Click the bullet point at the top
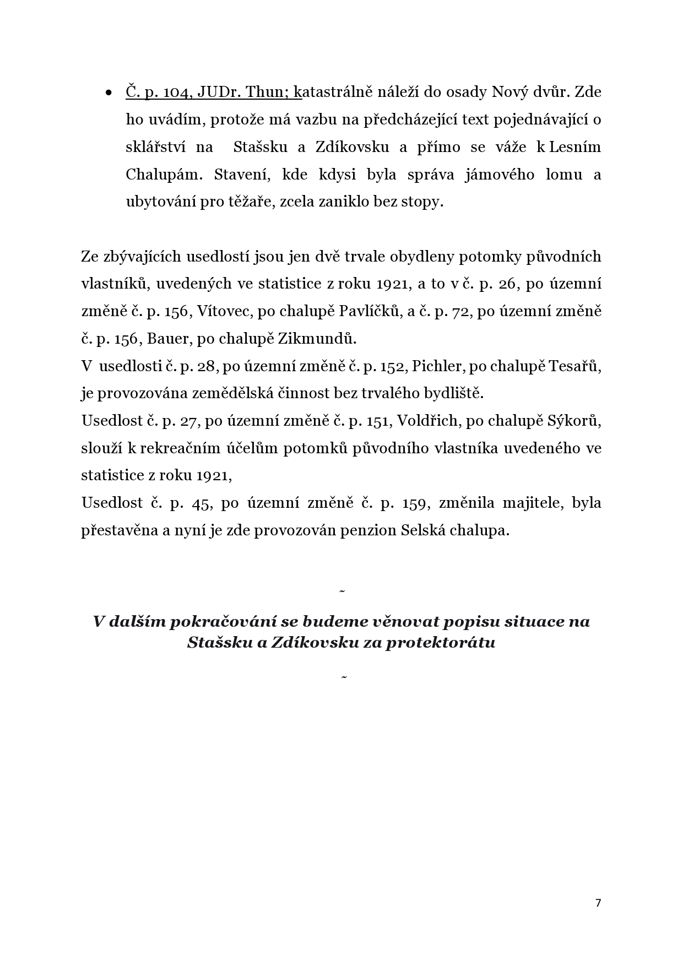tap(109, 93)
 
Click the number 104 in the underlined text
tap(176, 92)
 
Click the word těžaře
tap(250, 202)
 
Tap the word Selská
tap(423, 530)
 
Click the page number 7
tap(598, 903)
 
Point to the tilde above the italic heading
tap(342, 591)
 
